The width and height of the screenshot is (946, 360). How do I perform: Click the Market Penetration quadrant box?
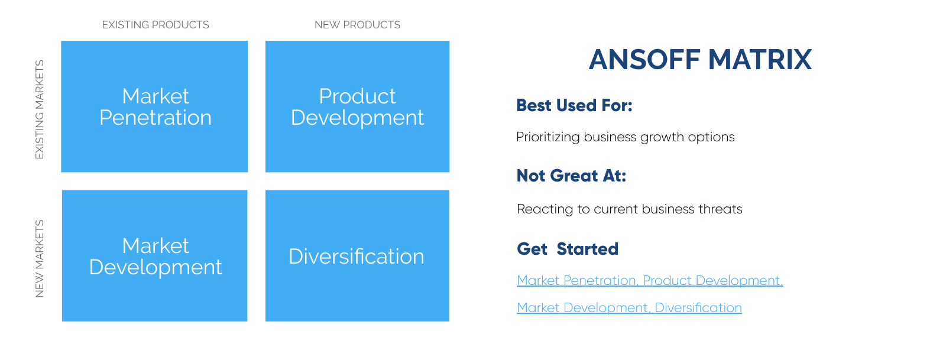coord(154,106)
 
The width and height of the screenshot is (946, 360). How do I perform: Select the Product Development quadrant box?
coord(357,106)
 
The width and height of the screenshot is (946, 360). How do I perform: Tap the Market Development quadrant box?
coord(154,255)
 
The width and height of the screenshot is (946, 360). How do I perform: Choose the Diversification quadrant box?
coord(357,255)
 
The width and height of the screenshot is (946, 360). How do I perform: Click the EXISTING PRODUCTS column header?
coord(155,25)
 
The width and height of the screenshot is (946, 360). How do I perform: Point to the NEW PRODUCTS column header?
coord(357,25)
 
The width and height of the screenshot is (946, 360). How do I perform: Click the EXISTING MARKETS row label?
coord(40,109)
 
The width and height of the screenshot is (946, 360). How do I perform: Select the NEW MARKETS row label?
coord(40,258)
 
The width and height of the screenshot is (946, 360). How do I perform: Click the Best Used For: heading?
coord(574,105)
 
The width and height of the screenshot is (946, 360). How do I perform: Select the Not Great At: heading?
coord(571,176)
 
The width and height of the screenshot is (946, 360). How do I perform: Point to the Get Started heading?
coord(568,249)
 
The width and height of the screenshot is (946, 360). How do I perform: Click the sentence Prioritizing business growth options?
coord(625,137)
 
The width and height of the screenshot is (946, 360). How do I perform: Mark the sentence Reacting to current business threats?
coord(629,209)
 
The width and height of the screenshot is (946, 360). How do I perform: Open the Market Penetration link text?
coord(576,281)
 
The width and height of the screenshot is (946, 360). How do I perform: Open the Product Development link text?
coord(712,281)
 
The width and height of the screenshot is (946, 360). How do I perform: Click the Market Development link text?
coord(582,308)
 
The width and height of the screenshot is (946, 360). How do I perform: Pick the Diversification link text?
coord(698,308)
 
